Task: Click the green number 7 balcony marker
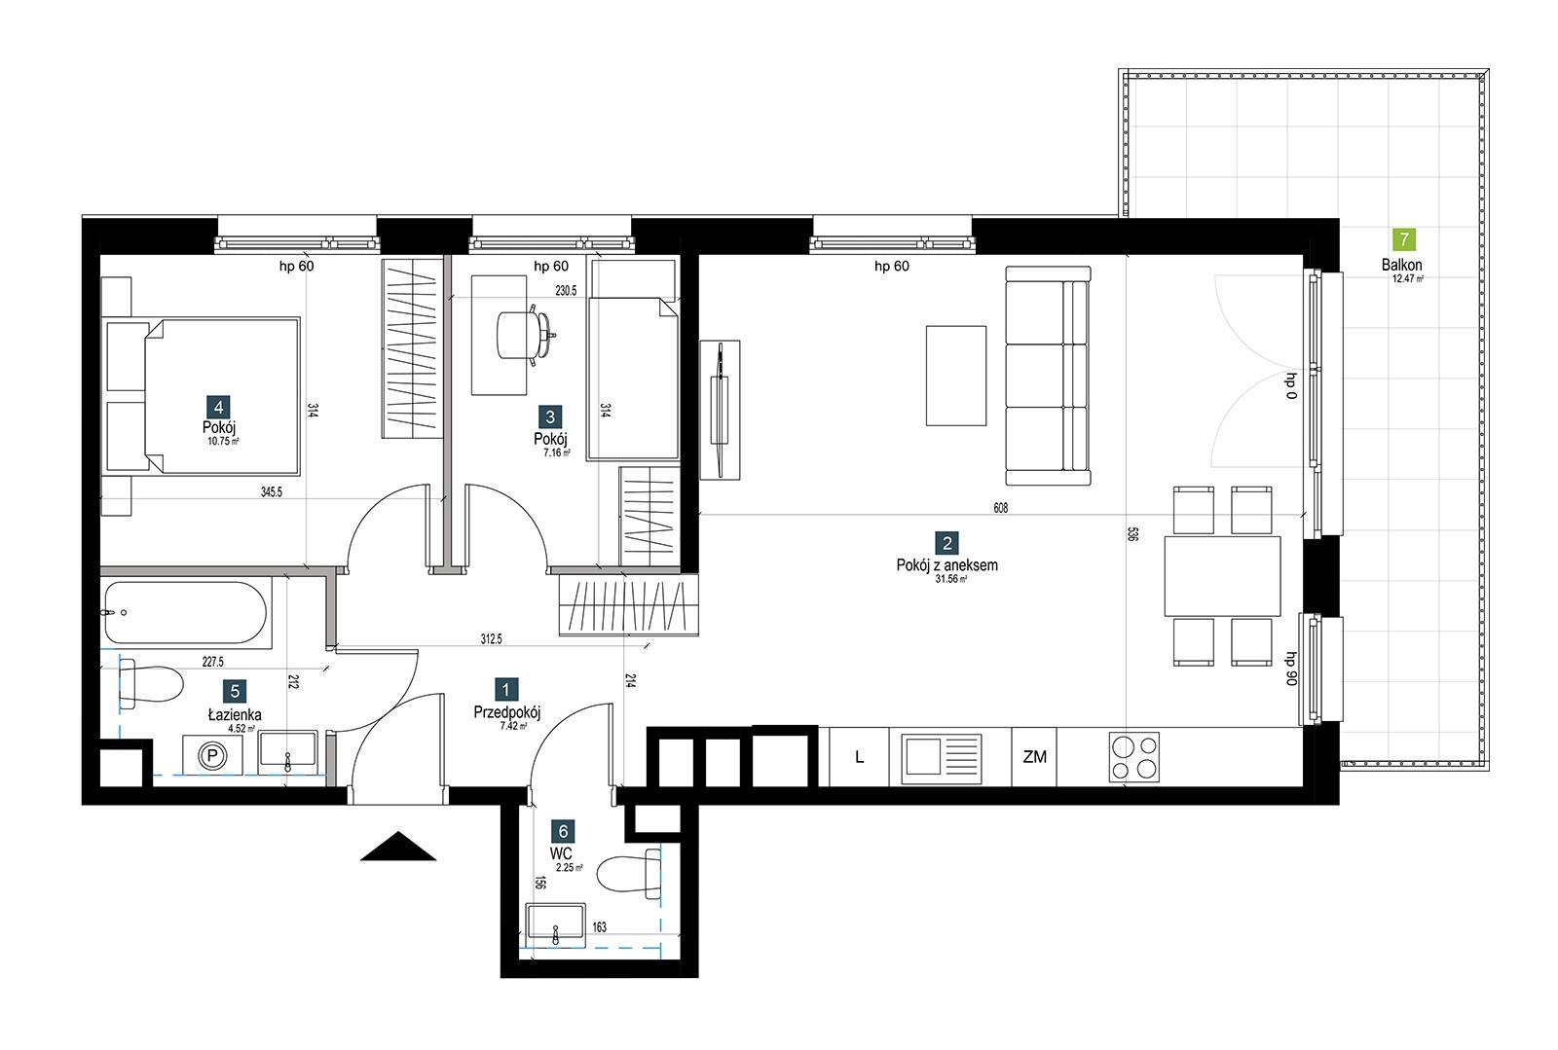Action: click(1403, 239)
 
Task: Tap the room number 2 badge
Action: click(946, 543)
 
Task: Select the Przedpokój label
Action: click(507, 712)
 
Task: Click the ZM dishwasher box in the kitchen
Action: click(1034, 757)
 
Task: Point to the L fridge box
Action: click(859, 757)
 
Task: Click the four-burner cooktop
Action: click(1133, 757)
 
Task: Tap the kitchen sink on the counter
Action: click(942, 757)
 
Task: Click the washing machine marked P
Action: click(213, 755)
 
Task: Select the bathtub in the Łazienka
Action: click(186, 613)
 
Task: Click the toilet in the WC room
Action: click(629, 874)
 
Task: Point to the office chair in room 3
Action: click(525, 334)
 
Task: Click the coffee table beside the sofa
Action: click(955, 376)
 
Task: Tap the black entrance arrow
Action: click(398, 846)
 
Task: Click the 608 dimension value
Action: click(1000, 508)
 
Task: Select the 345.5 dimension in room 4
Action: click(272, 492)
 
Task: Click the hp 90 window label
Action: click(1291, 669)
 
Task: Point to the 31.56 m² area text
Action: click(950, 579)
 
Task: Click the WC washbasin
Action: click(555, 924)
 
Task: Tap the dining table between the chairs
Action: click(1223, 576)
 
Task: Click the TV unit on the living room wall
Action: click(720, 410)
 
